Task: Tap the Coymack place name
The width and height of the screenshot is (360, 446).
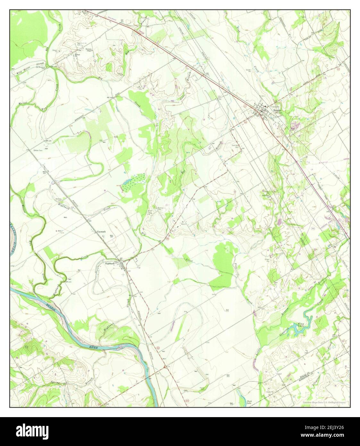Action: point(101,231)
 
